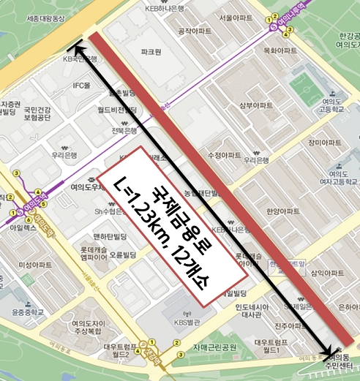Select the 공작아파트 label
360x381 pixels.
[195, 31]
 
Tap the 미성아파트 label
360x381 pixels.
[35, 265]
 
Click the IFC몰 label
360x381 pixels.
[80, 86]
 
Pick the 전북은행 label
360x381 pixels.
[124, 131]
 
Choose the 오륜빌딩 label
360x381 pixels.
[123, 254]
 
